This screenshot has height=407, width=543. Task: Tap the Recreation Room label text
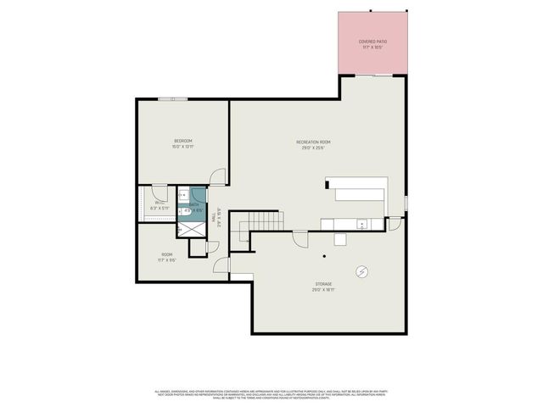[x=313, y=144]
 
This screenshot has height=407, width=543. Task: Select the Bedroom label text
[x=183, y=143]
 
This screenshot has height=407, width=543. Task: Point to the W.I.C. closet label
[x=160, y=204]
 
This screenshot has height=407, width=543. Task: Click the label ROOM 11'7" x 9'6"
[x=167, y=257]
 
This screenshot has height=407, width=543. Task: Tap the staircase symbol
[x=262, y=225]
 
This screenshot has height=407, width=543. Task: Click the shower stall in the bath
[x=191, y=228]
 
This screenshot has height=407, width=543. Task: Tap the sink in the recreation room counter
[x=362, y=225]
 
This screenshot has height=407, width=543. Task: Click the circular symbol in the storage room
[x=362, y=271]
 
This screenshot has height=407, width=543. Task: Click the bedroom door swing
[x=219, y=177]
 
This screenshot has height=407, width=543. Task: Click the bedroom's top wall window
[x=173, y=99]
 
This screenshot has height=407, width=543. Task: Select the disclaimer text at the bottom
[x=271, y=394]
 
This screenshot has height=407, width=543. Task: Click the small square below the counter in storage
[x=339, y=239]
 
